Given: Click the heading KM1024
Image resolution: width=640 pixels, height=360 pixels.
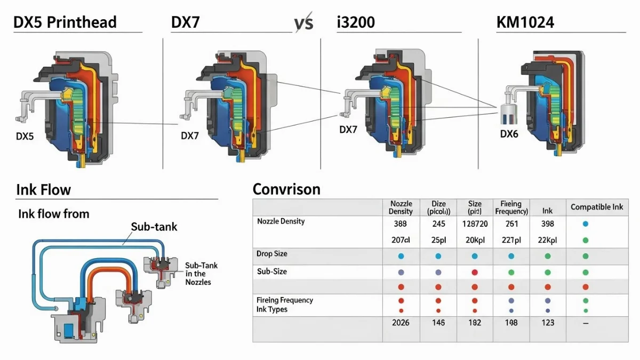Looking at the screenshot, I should (x=524, y=23).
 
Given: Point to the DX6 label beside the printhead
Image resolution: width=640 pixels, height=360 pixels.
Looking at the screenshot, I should (x=509, y=134).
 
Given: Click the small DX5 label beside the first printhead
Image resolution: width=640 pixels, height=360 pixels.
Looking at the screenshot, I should (x=25, y=137).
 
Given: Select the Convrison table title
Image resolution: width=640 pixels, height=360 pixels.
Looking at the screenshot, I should (x=286, y=189).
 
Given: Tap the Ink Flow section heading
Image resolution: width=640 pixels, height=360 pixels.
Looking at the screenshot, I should (x=43, y=190).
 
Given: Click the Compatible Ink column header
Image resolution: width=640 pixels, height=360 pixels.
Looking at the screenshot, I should (x=596, y=207).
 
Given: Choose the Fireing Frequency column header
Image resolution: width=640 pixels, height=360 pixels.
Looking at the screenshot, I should (x=511, y=207).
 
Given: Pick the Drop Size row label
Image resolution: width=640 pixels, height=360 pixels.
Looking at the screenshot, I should (x=271, y=254).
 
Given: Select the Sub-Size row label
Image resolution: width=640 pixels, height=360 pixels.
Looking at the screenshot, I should (x=271, y=271).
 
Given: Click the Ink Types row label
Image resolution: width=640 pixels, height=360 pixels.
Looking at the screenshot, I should (x=271, y=309).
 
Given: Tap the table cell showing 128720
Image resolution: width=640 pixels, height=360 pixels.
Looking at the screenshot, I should (x=475, y=224).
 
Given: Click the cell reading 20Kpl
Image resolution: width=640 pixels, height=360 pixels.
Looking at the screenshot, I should (x=475, y=240).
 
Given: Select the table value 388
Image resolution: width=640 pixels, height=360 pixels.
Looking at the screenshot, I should (x=401, y=224).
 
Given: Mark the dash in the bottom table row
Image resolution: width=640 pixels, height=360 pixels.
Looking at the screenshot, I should (x=585, y=323).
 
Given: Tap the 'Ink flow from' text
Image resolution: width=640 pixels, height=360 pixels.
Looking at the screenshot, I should (x=53, y=214).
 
